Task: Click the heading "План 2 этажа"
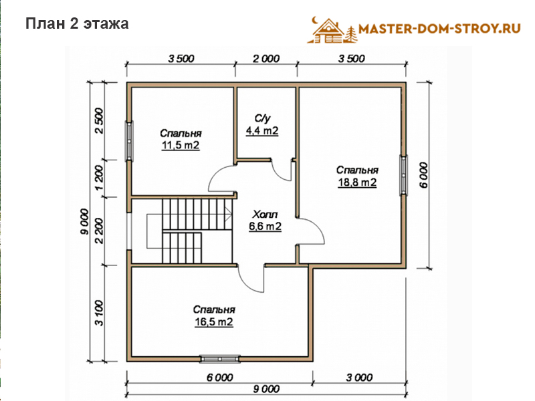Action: pos(77,24)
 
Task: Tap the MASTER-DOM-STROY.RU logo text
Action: pos(439,28)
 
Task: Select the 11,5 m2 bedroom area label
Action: pos(181,145)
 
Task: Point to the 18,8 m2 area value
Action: pos(357,182)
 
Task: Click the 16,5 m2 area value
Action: pos(214,322)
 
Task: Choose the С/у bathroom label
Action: pos(262,118)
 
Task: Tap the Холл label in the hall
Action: pos(265,215)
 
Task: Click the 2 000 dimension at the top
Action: pos(266,59)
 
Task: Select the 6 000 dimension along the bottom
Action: pos(220,378)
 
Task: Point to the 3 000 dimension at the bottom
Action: pos(359,378)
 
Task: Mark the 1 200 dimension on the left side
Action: pos(98,178)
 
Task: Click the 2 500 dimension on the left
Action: pos(98,121)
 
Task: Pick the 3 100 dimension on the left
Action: pos(98,313)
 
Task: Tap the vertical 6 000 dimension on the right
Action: pos(423,175)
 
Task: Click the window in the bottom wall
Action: pos(220,359)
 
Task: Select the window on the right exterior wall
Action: pos(404,175)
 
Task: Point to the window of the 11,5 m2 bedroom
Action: pos(129,141)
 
